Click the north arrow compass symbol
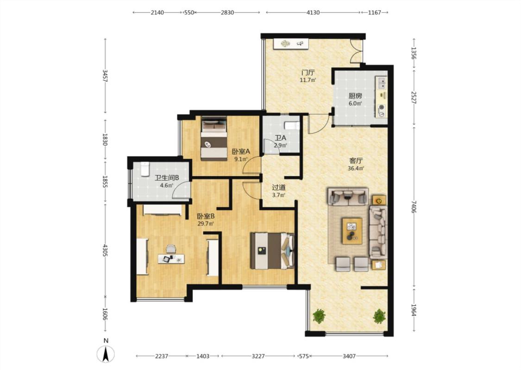106,354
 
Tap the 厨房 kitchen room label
355,96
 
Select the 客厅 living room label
356,161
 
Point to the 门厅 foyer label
308,72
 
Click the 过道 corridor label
279,188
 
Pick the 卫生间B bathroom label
167,178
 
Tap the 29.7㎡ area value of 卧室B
206,224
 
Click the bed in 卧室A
214,139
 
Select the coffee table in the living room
352,231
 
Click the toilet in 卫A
292,126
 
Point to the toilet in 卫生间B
144,169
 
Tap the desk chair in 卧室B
170,248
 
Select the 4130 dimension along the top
313,12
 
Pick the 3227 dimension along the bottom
258,356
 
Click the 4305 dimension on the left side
105,251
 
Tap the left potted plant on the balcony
319,316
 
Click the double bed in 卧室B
272,251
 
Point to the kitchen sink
381,82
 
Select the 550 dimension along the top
189,12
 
